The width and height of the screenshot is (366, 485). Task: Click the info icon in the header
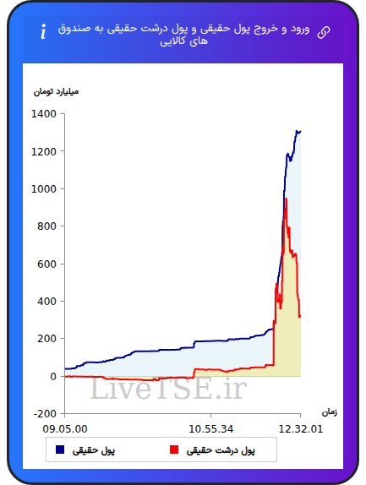(43, 31)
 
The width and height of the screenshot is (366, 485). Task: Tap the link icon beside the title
(324, 32)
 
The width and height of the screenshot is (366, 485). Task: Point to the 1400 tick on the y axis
(44, 114)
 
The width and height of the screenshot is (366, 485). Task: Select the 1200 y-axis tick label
(44, 151)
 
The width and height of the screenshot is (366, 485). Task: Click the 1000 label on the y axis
(44, 189)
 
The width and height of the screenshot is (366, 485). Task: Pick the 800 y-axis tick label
(46, 226)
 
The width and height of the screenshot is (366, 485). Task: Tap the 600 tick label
(46, 264)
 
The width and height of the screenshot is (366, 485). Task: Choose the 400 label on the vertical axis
(46, 302)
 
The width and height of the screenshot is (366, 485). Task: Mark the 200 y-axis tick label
(46, 339)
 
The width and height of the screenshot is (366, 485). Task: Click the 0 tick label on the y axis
(53, 377)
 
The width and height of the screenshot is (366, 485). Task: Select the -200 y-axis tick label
(45, 414)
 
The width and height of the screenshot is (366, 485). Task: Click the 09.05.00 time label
(65, 429)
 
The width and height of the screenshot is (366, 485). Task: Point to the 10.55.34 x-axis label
(210, 429)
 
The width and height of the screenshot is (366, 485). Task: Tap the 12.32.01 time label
(300, 429)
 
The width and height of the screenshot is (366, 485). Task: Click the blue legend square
(60, 450)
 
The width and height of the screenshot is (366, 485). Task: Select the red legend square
(174, 450)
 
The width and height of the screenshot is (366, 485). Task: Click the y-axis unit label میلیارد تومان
(56, 92)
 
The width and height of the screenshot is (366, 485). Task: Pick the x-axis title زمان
(330, 412)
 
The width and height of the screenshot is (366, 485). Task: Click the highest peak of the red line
(287, 199)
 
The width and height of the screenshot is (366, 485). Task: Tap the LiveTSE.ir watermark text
(168, 389)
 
